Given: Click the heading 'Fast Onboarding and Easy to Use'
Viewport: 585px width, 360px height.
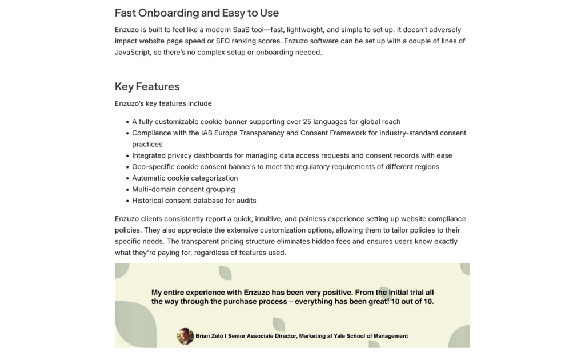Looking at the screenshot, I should click(x=197, y=13).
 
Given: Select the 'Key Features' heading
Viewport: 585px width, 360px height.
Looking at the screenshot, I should click(x=147, y=86).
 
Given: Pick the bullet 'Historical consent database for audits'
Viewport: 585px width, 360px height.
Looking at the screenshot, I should click(x=194, y=201).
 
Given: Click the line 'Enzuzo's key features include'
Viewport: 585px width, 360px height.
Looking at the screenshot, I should click(x=163, y=103).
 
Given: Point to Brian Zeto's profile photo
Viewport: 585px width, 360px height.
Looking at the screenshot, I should click(x=185, y=336).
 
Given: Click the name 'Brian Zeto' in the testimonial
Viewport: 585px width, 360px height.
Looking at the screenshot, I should click(x=210, y=336).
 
